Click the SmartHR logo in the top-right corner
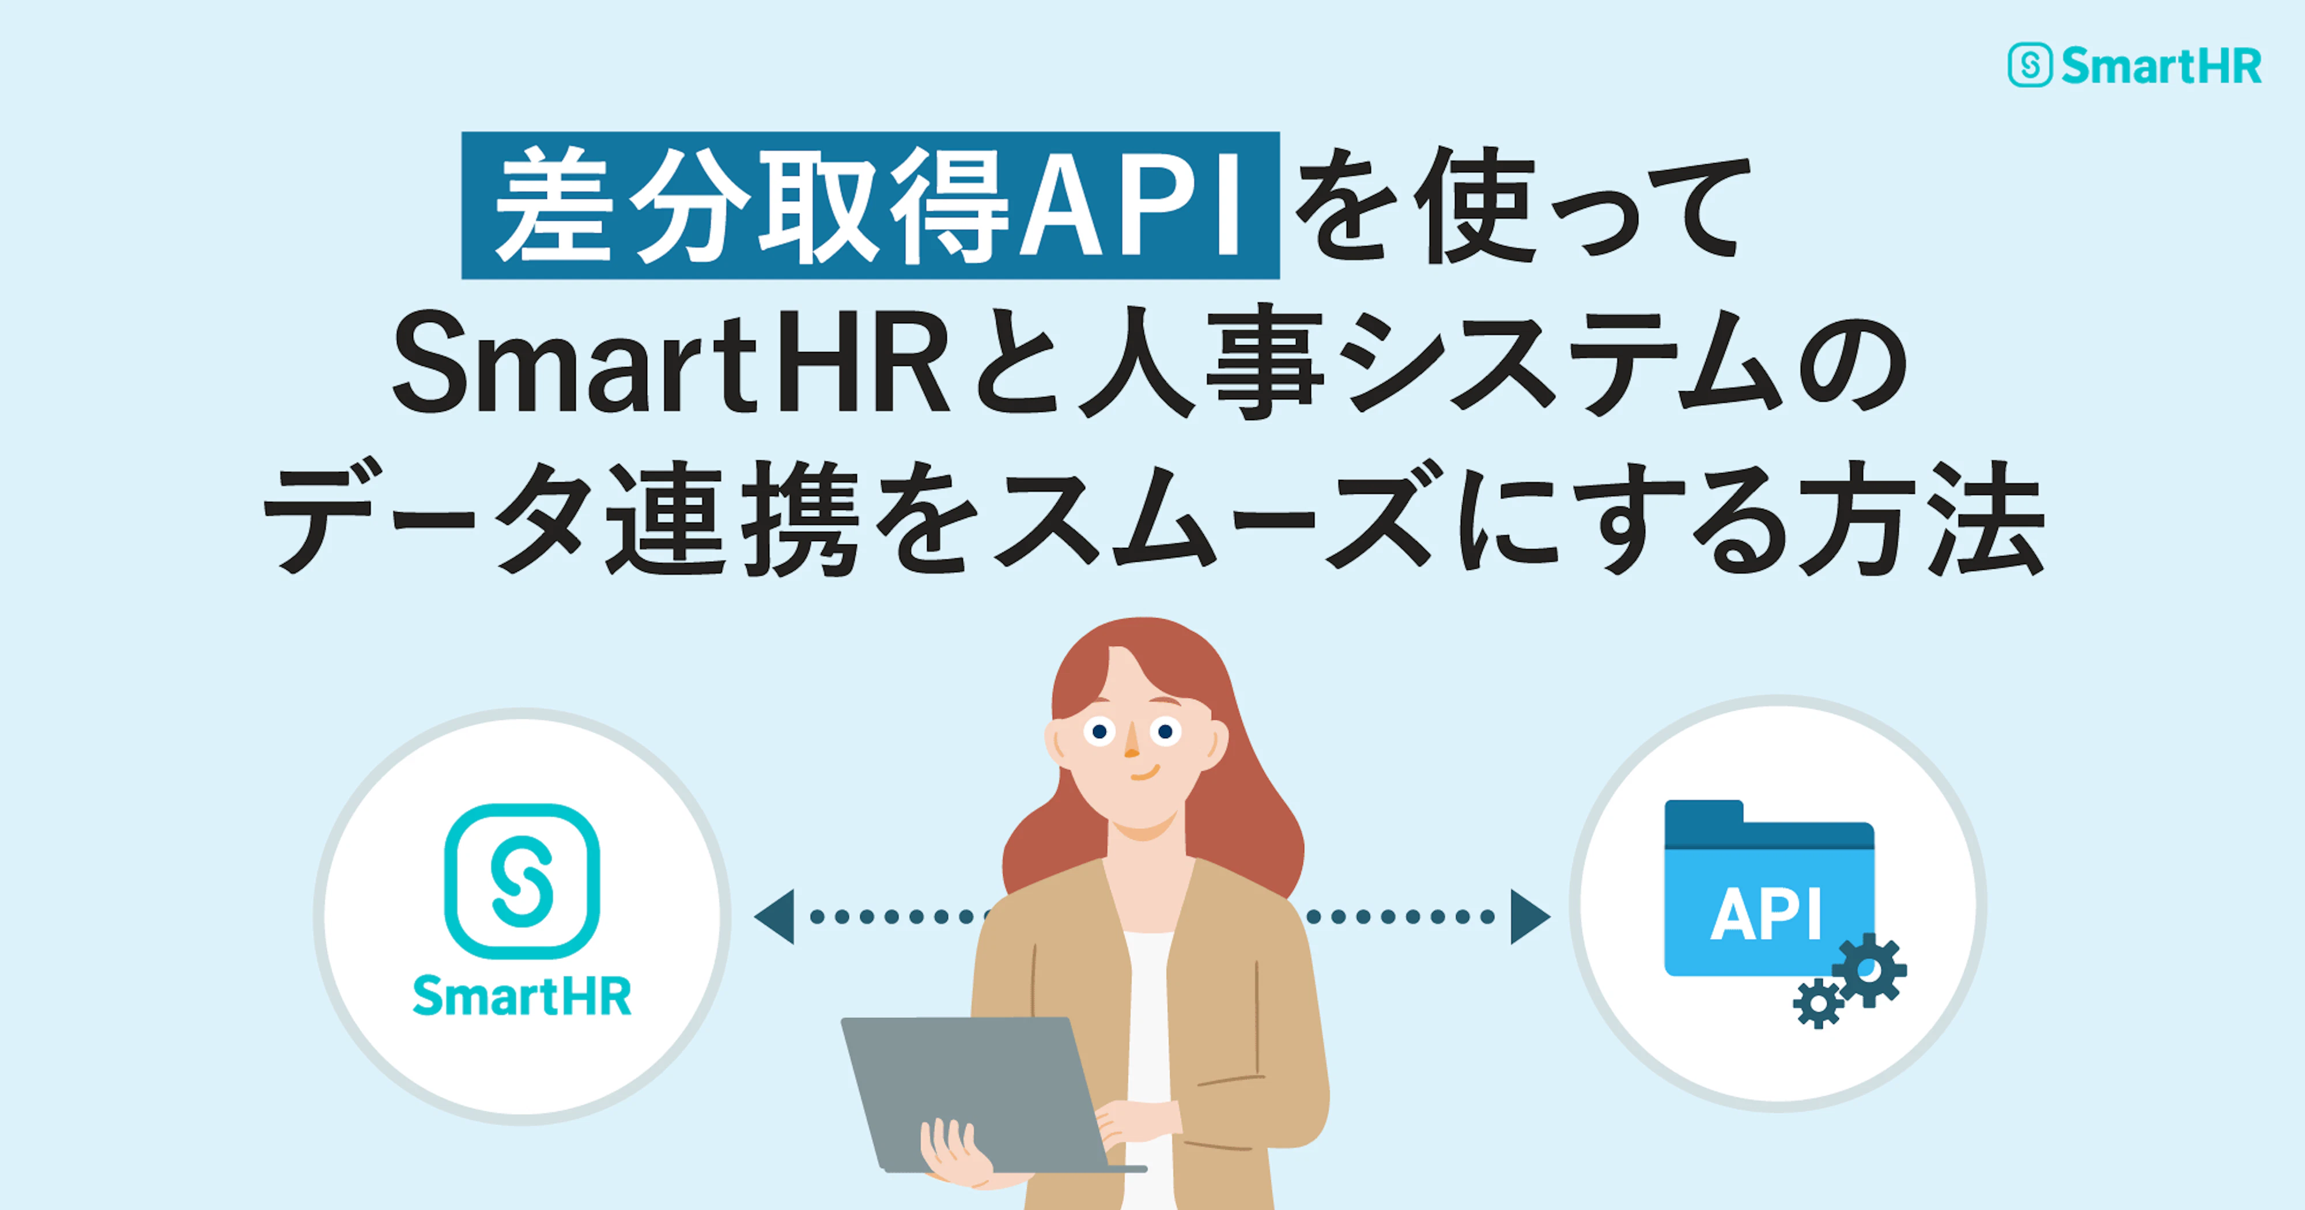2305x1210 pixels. click(x=2134, y=65)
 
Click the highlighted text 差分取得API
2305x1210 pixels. click(x=870, y=206)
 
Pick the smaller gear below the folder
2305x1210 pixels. click(x=1817, y=1004)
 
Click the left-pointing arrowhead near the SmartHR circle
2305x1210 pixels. click(x=775, y=917)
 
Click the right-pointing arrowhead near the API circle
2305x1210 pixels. click(x=1528, y=917)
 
